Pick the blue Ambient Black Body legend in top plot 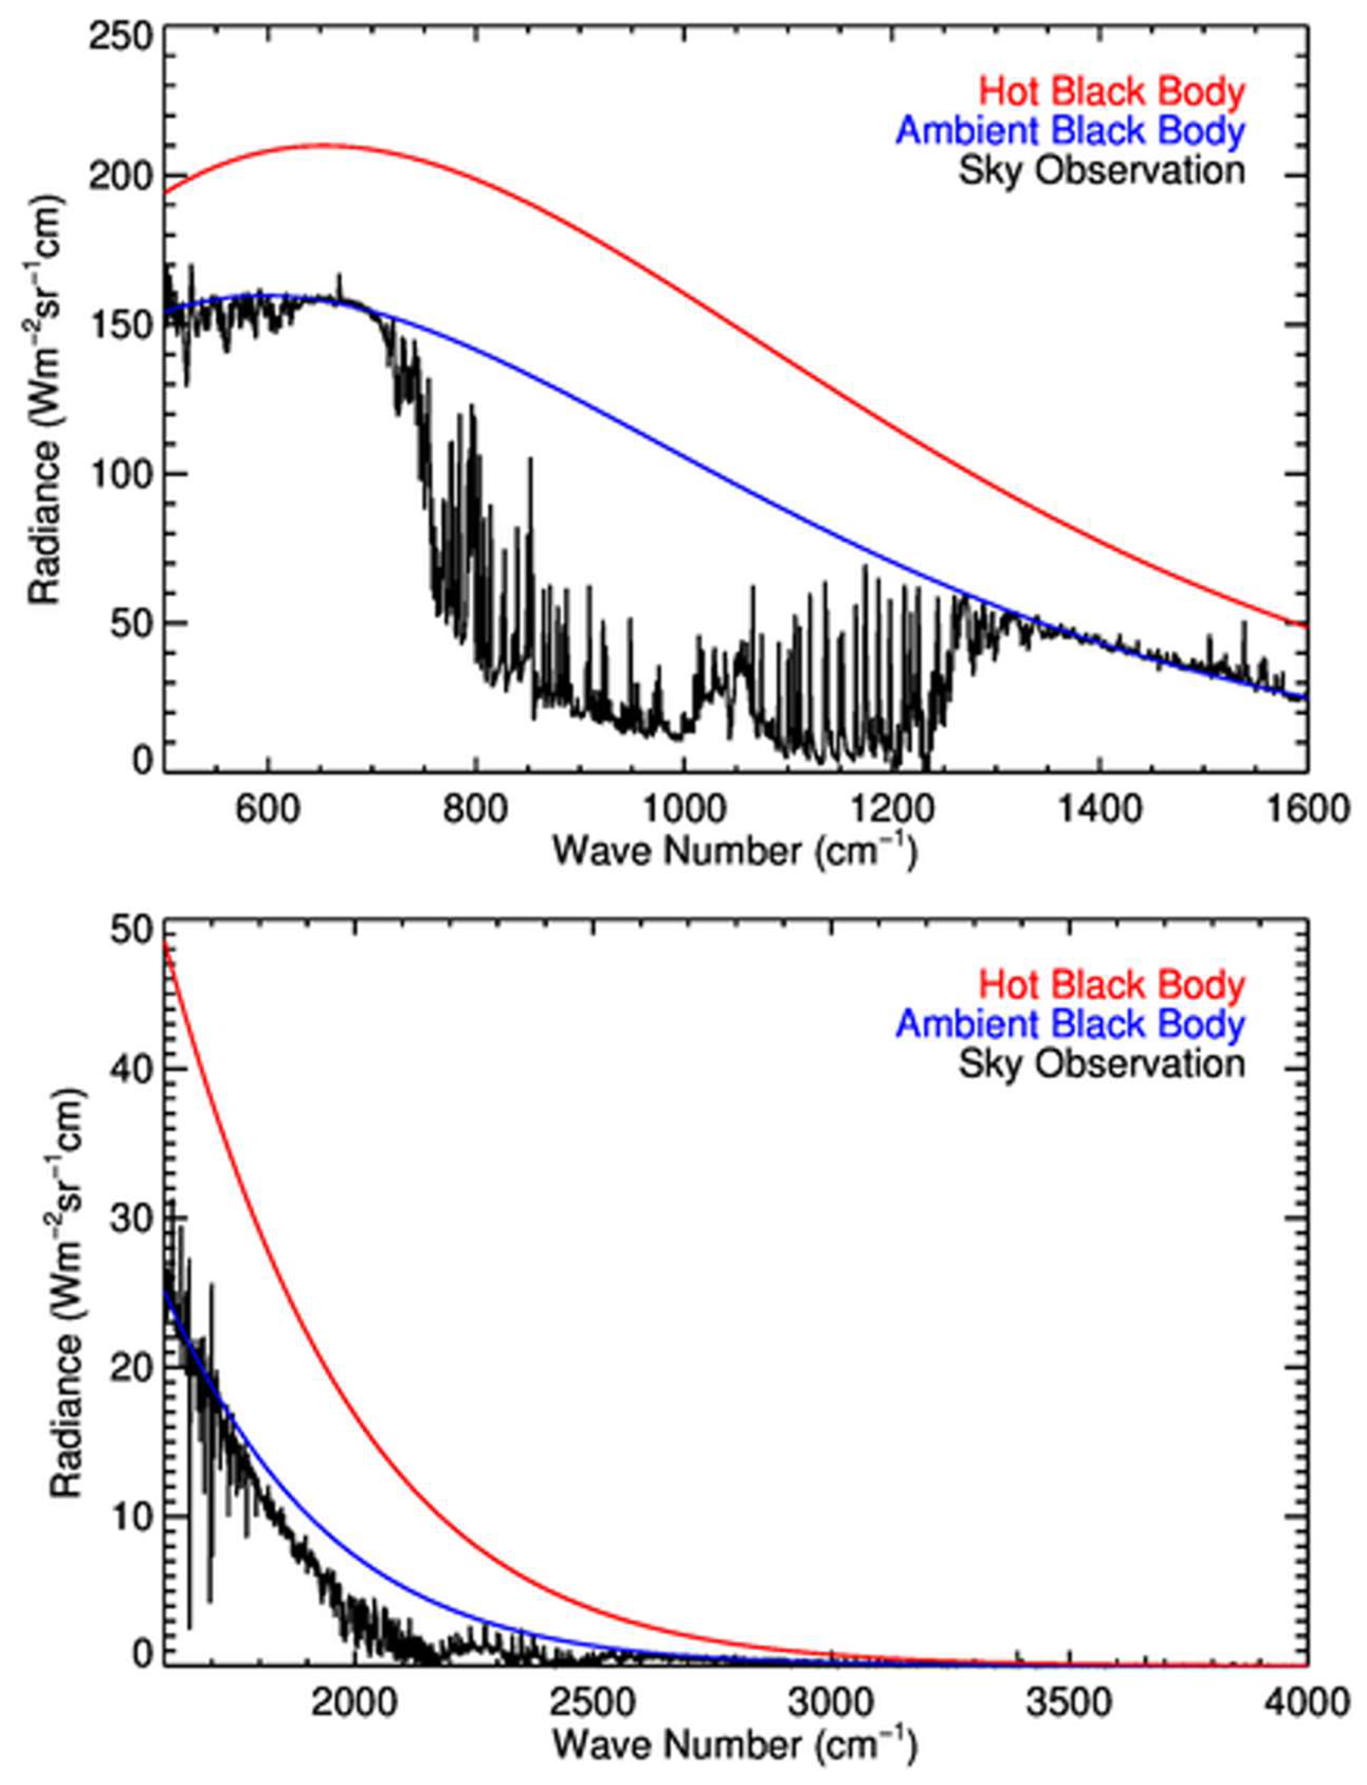[1070, 132]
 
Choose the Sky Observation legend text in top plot [1101, 171]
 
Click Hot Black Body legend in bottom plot [1111, 985]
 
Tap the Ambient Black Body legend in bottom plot [1070, 1024]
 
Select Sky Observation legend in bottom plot [1101, 1063]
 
